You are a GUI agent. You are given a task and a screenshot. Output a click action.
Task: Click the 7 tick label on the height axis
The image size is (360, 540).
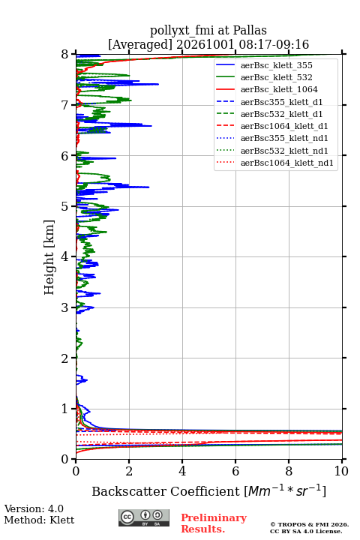click(x=64, y=105)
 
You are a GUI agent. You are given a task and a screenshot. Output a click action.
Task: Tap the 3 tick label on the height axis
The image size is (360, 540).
click(x=64, y=307)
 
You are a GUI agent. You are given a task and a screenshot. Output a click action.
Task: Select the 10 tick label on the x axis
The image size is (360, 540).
click(x=341, y=471)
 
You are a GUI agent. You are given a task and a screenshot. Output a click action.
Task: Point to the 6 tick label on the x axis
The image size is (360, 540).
click(x=235, y=471)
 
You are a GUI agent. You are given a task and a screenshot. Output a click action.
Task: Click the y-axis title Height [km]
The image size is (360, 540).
click(x=49, y=257)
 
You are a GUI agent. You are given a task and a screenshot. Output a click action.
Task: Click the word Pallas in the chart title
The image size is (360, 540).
click(x=250, y=30)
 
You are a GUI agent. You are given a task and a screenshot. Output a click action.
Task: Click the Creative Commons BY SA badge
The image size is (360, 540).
click(x=144, y=517)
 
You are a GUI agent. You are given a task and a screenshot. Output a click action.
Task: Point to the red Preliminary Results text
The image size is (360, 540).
click(x=214, y=523)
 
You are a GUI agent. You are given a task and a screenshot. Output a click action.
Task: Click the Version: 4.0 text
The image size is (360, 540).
click(x=34, y=508)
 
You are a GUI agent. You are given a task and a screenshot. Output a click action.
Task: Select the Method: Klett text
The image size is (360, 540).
click(x=39, y=520)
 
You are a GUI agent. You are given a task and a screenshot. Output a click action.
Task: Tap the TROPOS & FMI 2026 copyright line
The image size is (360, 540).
click(x=309, y=524)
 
